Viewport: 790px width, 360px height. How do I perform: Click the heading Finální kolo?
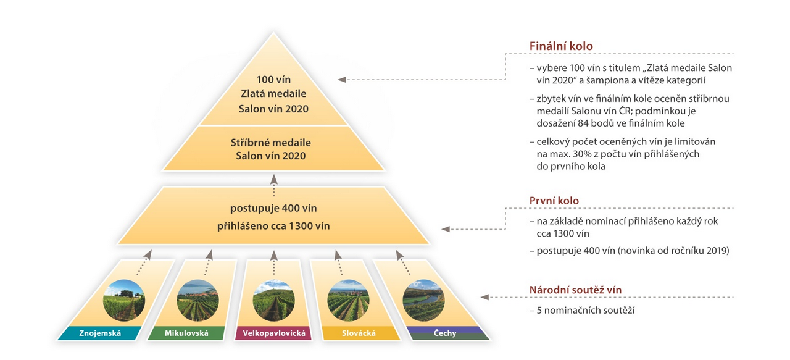point(561,46)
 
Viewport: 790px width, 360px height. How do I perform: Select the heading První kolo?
point(554,201)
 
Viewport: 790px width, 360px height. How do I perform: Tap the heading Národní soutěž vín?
point(575,290)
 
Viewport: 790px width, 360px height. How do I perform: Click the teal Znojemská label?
point(100,333)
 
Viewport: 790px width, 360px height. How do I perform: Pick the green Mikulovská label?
point(186,333)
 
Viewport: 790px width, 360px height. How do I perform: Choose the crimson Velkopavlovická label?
point(272,333)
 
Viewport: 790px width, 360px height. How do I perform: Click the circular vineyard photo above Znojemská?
point(123,300)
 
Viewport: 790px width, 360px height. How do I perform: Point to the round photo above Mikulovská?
point(197,300)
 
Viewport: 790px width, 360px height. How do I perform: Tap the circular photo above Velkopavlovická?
point(273,300)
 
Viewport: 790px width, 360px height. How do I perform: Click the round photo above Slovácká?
point(348,300)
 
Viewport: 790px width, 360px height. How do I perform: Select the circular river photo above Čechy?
point(423,300)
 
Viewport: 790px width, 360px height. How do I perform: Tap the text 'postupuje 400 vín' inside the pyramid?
point(273,208)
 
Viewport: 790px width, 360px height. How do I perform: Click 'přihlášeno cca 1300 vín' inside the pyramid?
point(273,226)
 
